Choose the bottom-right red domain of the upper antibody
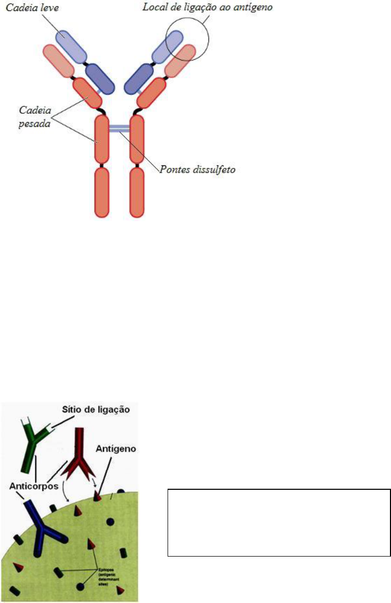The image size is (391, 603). pos(137,191)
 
